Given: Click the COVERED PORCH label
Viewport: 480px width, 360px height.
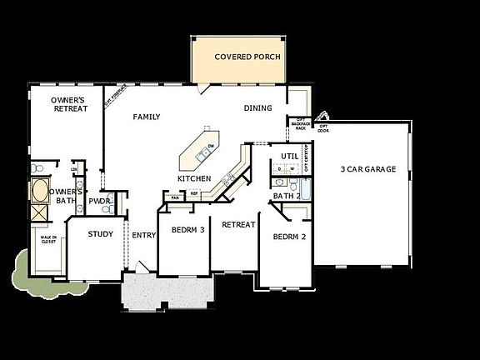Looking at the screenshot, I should (247, 57).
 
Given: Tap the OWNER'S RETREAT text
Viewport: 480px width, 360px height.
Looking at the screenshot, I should (69, 104).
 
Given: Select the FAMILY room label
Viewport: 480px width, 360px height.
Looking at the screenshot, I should (147, 117).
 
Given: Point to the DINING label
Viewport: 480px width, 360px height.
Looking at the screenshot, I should (258, 108).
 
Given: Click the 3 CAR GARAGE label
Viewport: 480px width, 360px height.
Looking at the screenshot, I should (367, 170).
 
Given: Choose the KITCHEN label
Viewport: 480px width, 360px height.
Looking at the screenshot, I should (194, 179).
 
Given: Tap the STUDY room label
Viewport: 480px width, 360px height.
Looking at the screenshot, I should (101, 234).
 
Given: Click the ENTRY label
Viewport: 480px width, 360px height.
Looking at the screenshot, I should (144, 235).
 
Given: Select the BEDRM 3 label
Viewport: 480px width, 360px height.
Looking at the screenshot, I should (187, 229).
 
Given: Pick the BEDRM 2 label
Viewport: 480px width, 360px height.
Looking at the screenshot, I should (290, 236).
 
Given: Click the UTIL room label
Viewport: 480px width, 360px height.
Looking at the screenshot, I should (289, 156).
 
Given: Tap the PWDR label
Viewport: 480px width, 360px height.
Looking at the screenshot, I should (100, 201).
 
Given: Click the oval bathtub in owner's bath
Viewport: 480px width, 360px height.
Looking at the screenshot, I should (38, 192).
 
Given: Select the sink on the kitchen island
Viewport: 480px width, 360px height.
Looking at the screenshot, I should (202, 152).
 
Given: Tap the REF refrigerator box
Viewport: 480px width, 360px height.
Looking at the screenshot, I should (194, 194).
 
